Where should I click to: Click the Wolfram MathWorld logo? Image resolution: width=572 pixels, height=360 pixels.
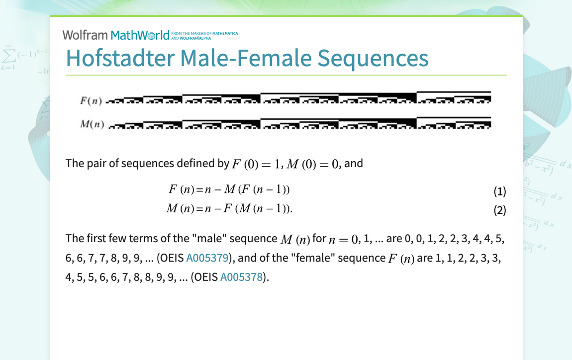click(116, 35)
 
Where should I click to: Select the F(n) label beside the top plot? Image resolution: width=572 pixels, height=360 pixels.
click(91, 101)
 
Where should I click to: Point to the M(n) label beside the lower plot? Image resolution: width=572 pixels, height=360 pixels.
click(92, 124)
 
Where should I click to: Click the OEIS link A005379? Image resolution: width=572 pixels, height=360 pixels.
click(207, 258)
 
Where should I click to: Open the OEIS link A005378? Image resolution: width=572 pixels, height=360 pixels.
click(241, 277)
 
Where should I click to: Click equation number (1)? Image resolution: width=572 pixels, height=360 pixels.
click(499, 191)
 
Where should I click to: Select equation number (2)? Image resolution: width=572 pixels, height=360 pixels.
click(499, 210)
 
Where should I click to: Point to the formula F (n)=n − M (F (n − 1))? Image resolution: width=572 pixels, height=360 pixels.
click(229, 189)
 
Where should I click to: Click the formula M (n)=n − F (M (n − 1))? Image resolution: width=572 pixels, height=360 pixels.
click(230, 209)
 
